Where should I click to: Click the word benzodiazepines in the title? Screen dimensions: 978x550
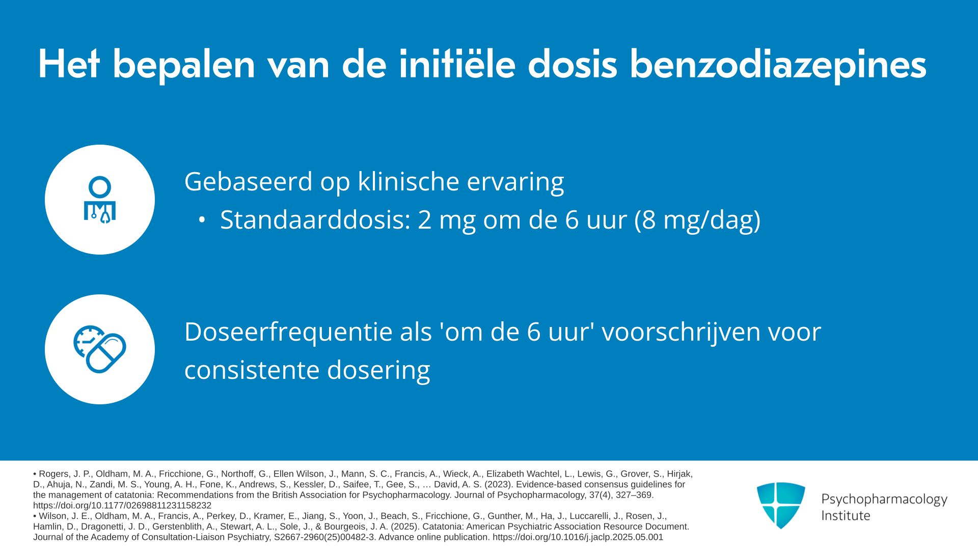(x=778, y=65)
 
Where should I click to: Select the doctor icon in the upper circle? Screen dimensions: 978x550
(x=100, y=200)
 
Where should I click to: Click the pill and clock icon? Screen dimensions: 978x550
(x=100, y=349)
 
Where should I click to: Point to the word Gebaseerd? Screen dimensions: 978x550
(x=249, y=181)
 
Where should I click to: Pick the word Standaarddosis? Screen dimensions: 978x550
(x=315, y=220)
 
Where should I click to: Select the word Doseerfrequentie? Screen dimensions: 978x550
(x=288, y=332)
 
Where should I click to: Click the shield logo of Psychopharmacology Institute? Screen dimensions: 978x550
(x=781, y=505)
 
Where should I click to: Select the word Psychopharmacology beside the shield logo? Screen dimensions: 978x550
(x=884, y=500)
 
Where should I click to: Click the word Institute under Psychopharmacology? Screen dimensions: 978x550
(x=846, y=516)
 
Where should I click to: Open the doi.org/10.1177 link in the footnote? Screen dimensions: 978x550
(x=122, y=506)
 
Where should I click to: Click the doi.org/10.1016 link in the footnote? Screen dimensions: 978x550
(x=578, y=537)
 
